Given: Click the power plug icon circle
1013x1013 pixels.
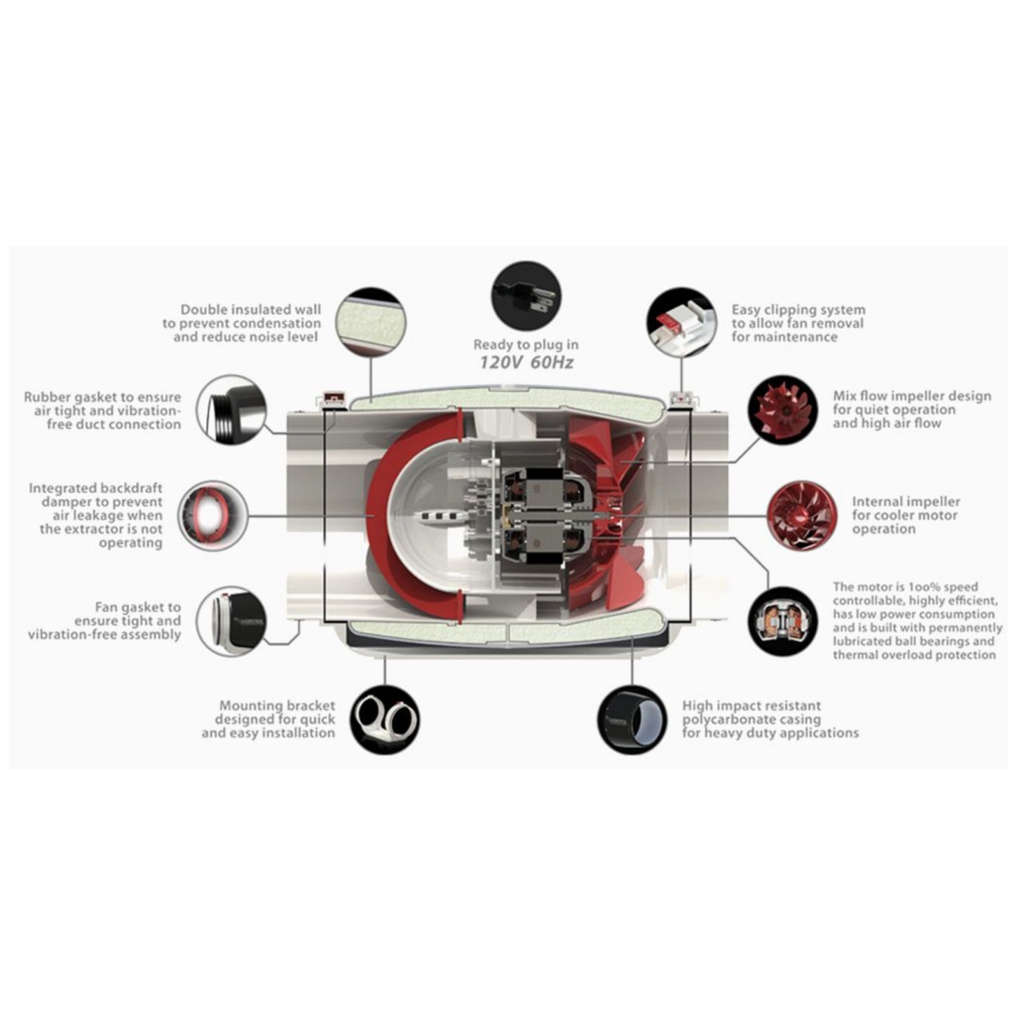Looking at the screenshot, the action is (525, 297).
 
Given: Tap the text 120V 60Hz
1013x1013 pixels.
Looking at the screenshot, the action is (526, 362).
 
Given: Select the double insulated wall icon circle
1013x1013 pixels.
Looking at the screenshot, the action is (371, 322).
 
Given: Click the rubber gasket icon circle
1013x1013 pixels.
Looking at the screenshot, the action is (232, 410).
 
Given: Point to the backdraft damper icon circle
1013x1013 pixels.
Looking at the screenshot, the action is (212, 516).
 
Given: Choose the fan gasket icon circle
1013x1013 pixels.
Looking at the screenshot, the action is (232, 621).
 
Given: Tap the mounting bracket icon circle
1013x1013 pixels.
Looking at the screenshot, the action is (384, 719).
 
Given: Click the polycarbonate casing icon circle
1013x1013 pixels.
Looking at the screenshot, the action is (632, 719).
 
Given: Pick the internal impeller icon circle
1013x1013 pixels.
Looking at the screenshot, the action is (802, 516).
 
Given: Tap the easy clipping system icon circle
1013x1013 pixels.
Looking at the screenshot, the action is (682, 322).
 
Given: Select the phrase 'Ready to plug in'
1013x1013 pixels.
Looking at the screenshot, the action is (526, 345).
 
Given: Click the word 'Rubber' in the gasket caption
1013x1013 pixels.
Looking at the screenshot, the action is (47, 397).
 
